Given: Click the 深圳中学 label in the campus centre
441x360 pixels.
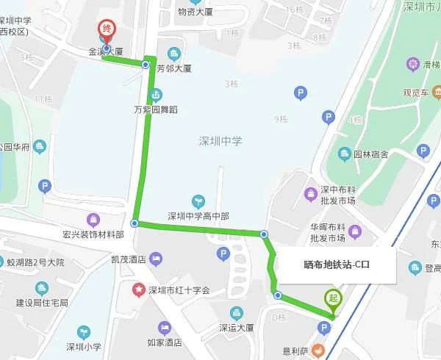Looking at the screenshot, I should click(x=220, y=140).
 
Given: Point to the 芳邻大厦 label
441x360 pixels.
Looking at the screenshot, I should click(x=174, y=68).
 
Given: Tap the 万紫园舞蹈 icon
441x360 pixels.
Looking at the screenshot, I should click(x=156, y=94).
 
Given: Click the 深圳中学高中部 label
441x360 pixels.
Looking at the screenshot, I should click(x=198, y=216).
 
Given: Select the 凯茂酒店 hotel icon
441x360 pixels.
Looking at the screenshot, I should click(x=156, y=259).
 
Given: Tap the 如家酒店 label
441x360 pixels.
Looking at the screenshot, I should click(x=164, y=342).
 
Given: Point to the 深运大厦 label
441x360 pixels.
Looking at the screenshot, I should click(x=236, y=328).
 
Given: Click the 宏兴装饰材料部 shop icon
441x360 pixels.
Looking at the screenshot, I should click(x=93, y=219).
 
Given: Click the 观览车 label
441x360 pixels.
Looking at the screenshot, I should click(x=415, y=93).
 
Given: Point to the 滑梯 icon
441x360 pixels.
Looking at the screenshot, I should click(x=412, y=64).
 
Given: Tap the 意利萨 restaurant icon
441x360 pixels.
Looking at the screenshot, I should click(x=318, y=350).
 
